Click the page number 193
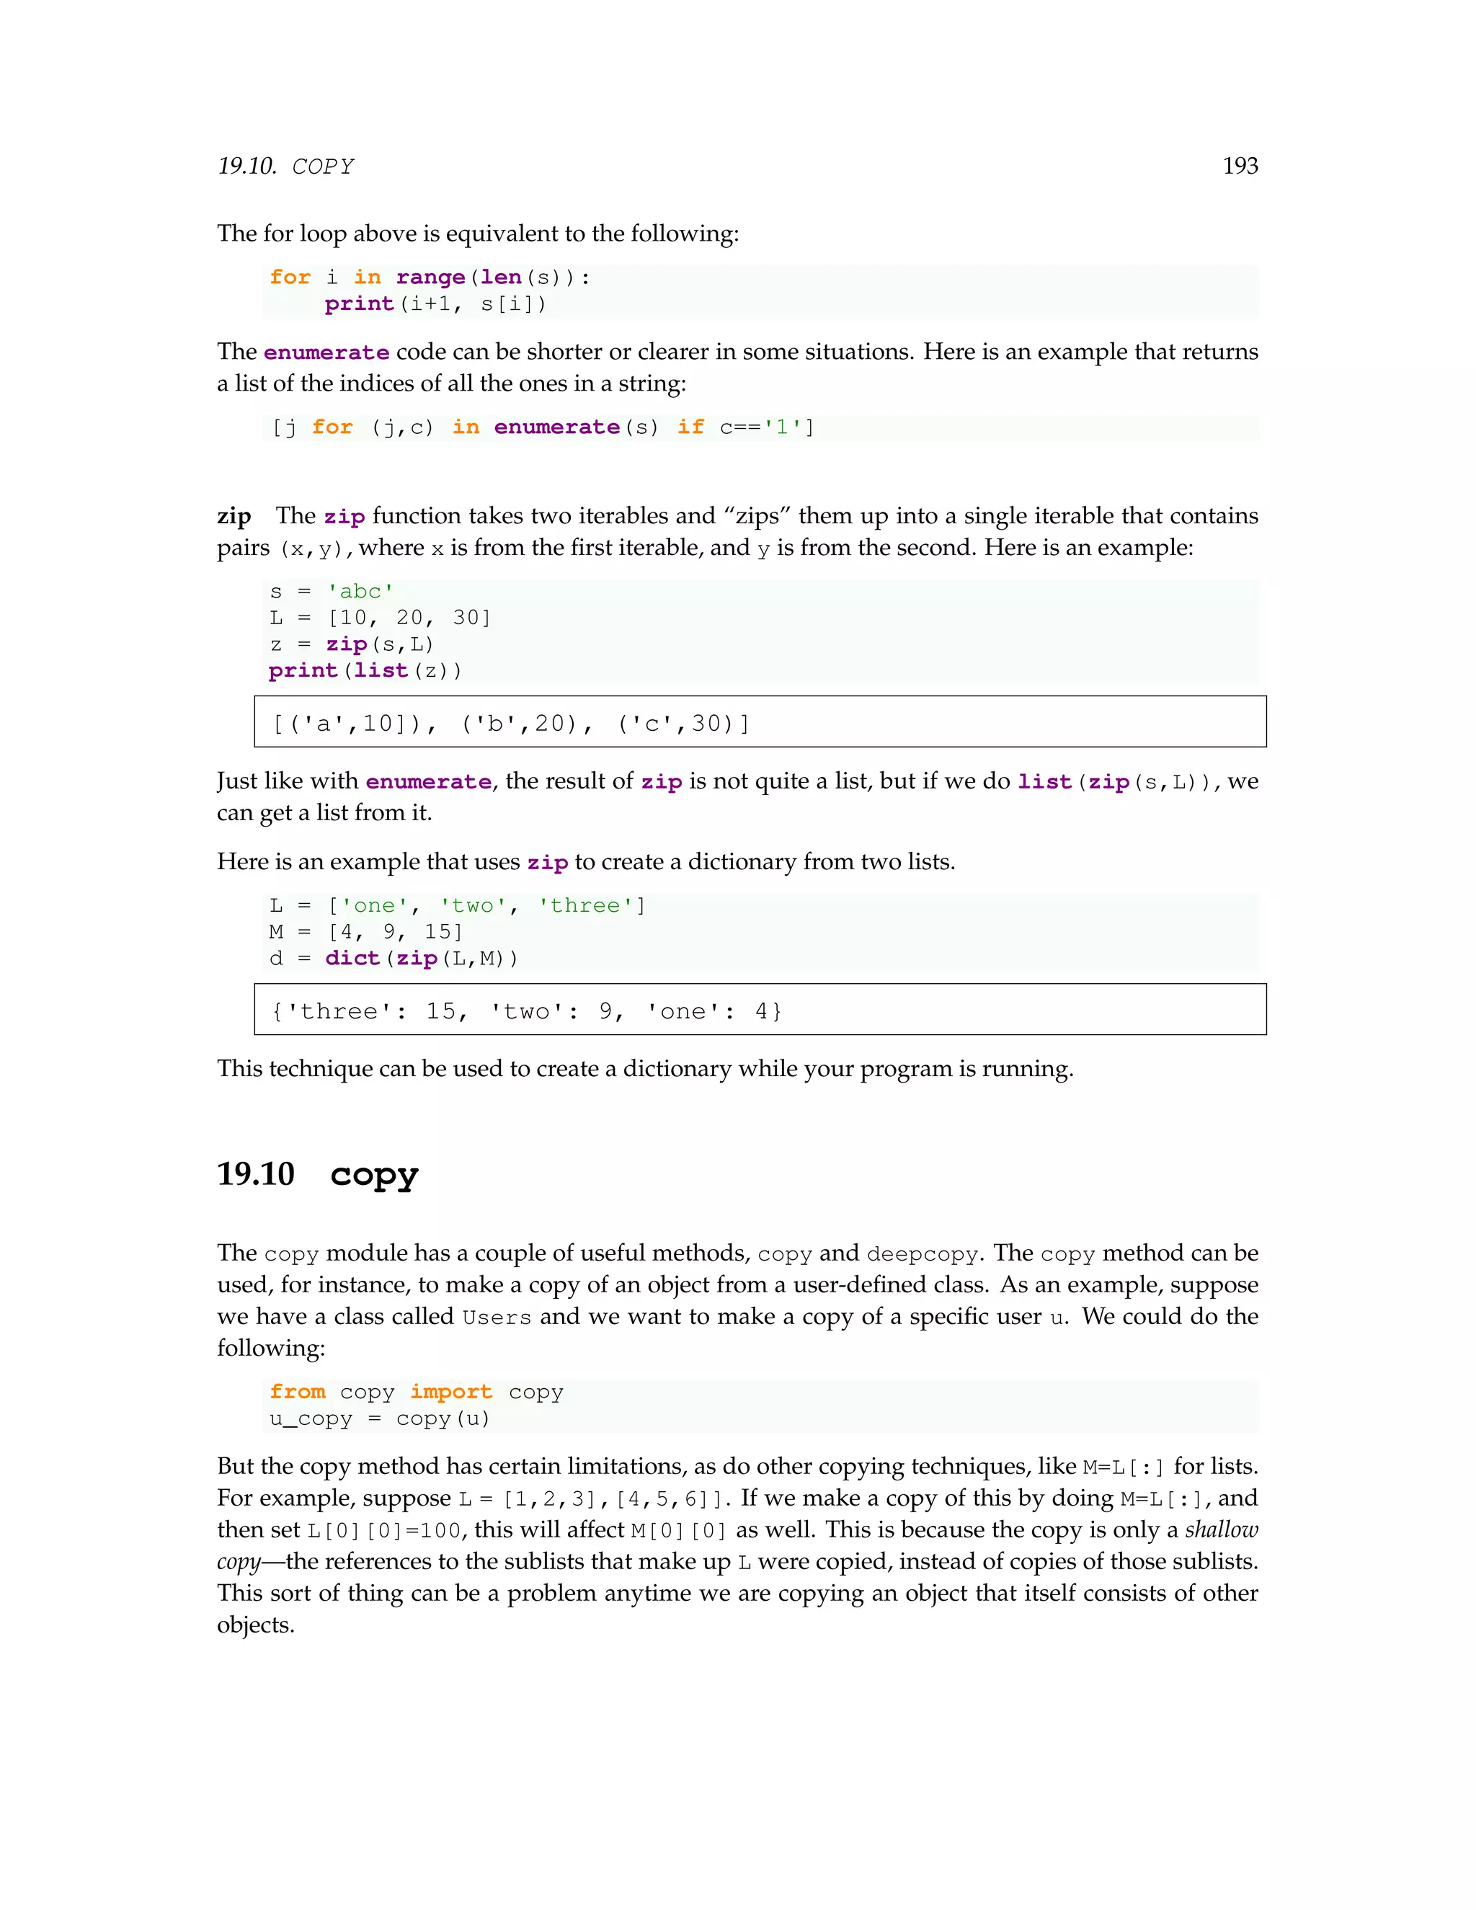click(x=1239, y=166)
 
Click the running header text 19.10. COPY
click(x=286, y=166)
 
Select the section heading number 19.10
click(x=255, y=1173)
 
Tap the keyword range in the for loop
click(x=430, y=277)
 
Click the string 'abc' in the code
click(x=360, y=591)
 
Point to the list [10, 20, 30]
click(x=409, y=618)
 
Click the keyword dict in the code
click(x=352, y=959)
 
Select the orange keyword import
click(x=451, y=1391)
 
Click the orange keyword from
click(x=298, y=1391)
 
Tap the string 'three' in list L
click(x=585, y=906)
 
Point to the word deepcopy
click(x=922, y=1254)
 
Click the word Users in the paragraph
click(x=497, y=1317)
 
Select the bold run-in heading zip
click(x=234, y=516)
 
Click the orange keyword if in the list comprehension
click(x=690, y=427)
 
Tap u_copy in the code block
click(x=311, y=1418)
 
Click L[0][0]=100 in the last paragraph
click(x=384, y=1530)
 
